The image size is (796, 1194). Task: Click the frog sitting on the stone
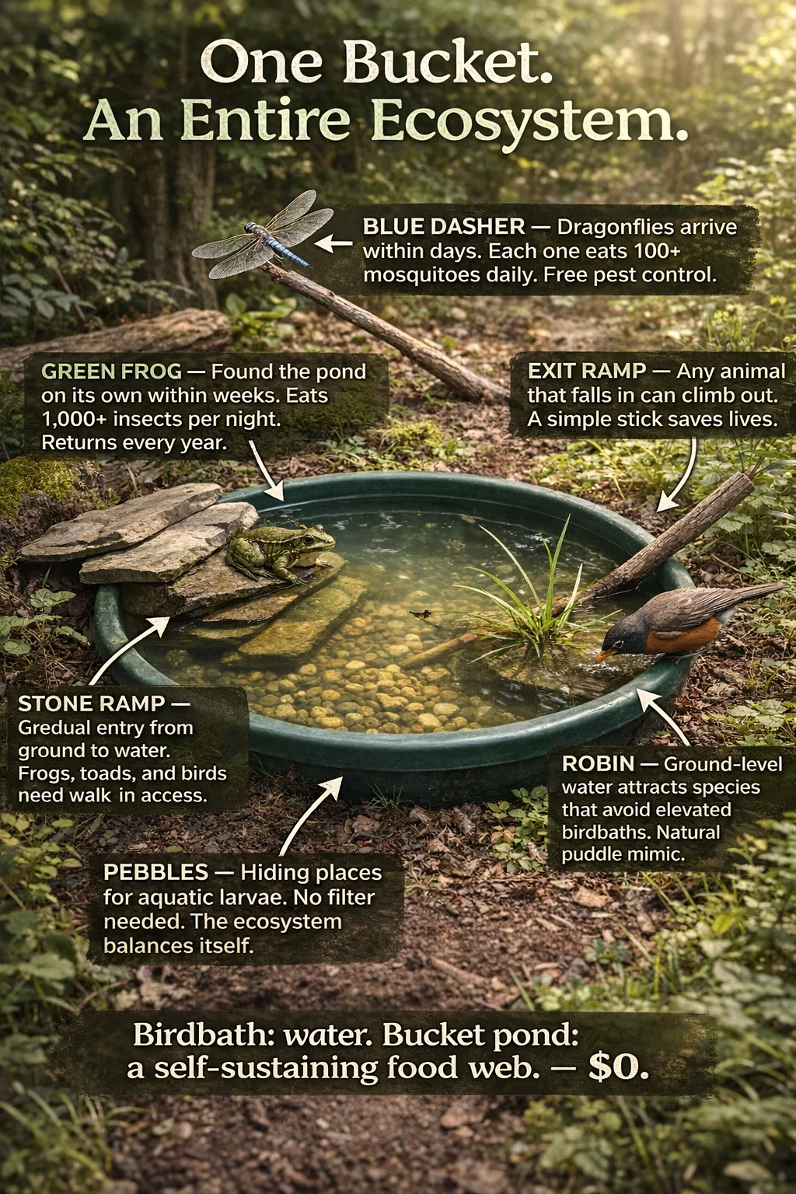coord(280,552)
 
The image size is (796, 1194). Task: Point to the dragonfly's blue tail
coord(287,250)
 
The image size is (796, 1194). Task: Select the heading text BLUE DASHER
coord(444,228)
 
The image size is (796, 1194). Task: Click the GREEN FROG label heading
coord(111,372)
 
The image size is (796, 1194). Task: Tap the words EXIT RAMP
coord(586,371)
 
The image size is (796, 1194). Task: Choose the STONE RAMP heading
coord(91,704)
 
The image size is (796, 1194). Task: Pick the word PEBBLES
coord(155,873)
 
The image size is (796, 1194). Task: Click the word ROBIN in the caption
coord(598,764)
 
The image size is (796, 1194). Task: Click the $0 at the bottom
coord(618,1067)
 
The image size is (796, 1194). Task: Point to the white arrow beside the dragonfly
coord(333,243)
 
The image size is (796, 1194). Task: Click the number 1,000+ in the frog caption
coord(74,420)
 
